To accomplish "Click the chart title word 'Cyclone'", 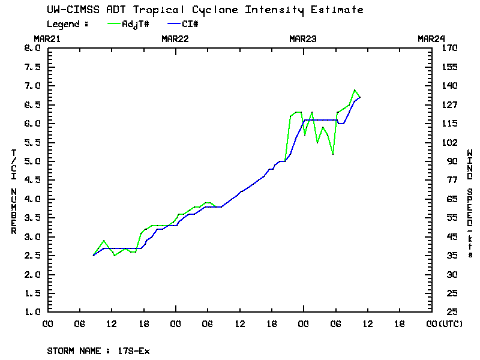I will pos(238,10).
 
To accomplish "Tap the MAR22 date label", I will pos(175,38).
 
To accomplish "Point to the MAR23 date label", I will pos(303,38).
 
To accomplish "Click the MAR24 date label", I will pos(431,38).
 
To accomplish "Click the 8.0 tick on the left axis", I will pos(31,48).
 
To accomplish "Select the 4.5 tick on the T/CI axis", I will pos(31,180).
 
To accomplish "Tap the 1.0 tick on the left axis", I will pos(31,312).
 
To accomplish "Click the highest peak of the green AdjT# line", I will pos(355,90).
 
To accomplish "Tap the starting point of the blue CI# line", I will pos(94,256).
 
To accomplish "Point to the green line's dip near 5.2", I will pos(332,154).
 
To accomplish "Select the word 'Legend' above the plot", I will pos(63,24).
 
